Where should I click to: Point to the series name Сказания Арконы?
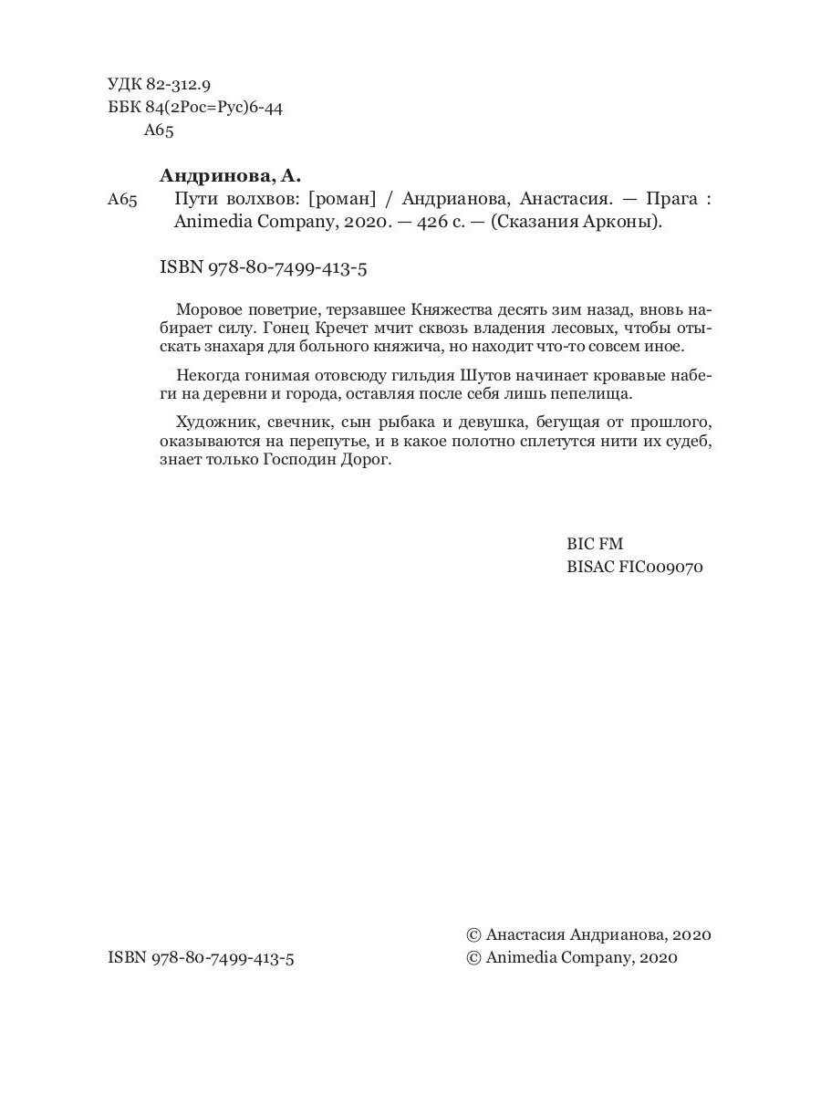(x=576, y=223)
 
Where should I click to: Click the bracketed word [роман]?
(x=343, y=200)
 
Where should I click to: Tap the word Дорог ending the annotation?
(x=369, y=462)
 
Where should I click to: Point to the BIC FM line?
(x=594, y=544)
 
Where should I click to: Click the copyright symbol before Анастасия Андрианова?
(x=473, y=935)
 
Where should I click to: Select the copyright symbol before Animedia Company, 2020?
(x=473, y=958)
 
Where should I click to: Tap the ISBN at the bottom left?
(x=201, y=958)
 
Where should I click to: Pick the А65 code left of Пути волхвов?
(x=121, y=200)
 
